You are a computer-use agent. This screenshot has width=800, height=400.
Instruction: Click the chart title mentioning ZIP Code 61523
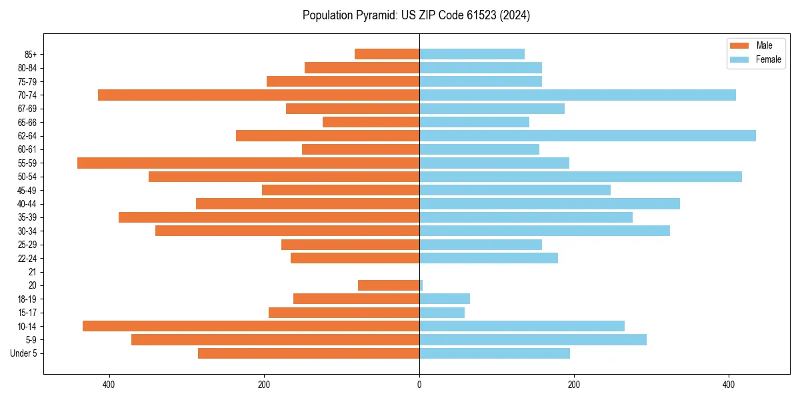[416, 15]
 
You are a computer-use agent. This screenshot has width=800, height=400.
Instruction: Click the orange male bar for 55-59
[248, 163]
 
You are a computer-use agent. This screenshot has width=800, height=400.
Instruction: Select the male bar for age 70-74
[259, 95]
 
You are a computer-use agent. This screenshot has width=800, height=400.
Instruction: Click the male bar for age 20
[389, 285]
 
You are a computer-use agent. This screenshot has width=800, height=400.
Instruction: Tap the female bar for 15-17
[442, 313]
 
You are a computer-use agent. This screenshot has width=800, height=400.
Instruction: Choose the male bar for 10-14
[251, 326]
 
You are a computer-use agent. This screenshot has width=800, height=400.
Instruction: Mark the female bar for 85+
[472, 54]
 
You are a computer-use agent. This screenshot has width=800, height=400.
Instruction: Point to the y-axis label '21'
[33, 272]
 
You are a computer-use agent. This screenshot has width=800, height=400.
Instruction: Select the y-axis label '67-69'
[27, 109]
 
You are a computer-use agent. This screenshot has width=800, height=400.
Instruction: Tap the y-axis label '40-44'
[27, 204]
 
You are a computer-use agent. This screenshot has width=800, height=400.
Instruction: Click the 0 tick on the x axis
[419, 385]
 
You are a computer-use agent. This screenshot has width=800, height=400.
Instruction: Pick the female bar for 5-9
[533, 340]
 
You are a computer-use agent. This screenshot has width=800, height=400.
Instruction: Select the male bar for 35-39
[269, 217]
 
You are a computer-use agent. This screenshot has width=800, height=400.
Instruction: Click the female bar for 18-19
[445, 299]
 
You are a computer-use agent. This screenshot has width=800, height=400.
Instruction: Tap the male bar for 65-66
[371, 122]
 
